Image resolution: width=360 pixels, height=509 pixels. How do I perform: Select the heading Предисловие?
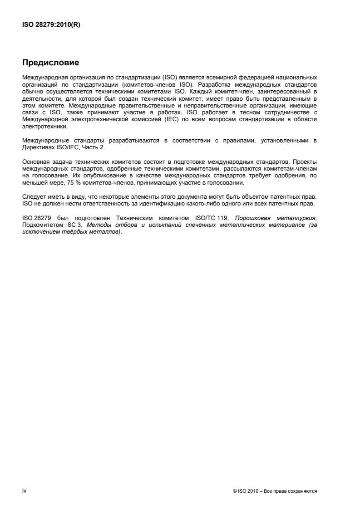[x=51, y=62]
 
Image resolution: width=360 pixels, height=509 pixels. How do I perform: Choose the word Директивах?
[x=37, y=146]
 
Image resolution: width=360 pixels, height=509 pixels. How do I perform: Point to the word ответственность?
[x=104, y=204]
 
